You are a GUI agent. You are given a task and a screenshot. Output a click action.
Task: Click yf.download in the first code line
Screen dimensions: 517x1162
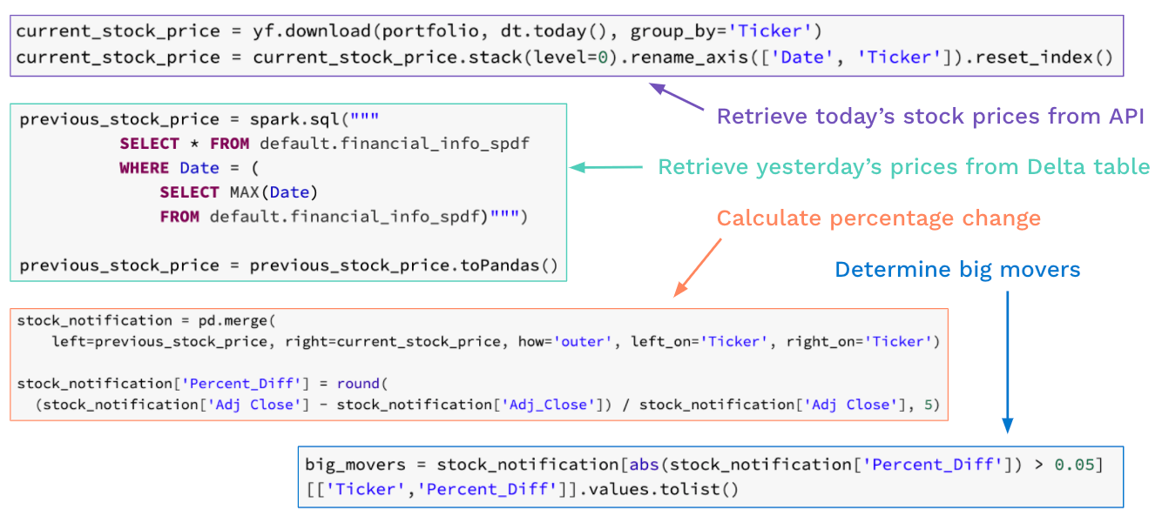(309, 31)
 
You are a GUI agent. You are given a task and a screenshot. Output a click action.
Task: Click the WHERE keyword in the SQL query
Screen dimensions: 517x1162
(145, 168)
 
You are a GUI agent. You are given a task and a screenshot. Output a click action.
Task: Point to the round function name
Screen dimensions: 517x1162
(358, 383)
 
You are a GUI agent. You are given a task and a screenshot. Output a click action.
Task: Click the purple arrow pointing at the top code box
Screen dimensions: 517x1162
(677, 97)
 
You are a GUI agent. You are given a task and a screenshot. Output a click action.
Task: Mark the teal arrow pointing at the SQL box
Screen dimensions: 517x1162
(605, 167)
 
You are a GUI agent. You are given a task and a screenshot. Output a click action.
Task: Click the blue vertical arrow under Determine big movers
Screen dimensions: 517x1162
(1007, 361)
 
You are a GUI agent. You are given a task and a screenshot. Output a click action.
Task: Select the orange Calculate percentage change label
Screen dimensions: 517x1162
(878, 218)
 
